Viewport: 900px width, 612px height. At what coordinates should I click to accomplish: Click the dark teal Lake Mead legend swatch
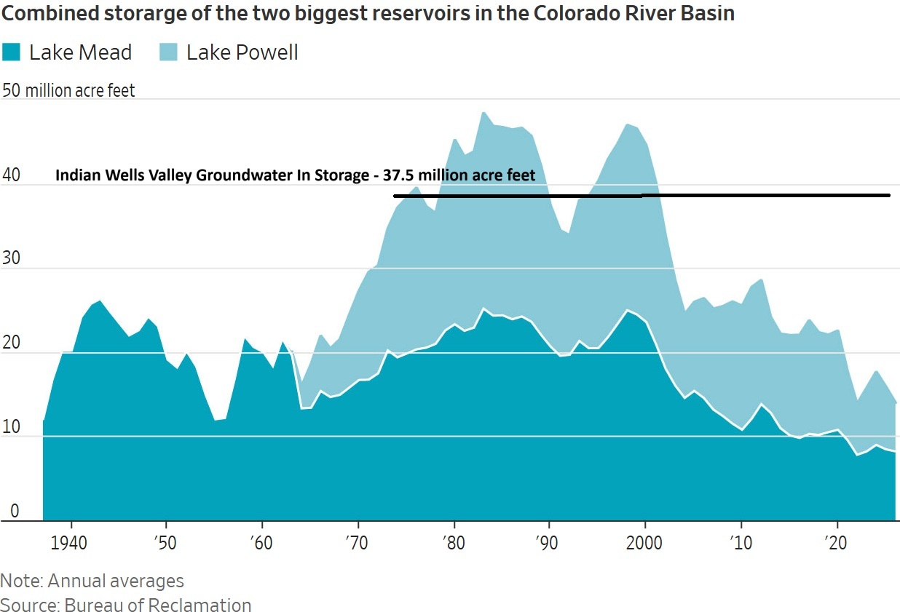click(11, 52)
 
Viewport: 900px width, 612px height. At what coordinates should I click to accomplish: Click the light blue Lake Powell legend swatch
click(168, 52)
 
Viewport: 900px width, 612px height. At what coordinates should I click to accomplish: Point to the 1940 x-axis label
click(68, 543)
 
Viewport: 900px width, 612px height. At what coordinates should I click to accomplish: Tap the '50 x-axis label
click(165, 543)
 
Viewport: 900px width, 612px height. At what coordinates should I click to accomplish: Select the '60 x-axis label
click(261, 543)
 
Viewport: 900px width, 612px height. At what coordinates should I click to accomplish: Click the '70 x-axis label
click(357, 543)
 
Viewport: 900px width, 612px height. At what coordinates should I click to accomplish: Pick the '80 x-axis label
click(454, 543)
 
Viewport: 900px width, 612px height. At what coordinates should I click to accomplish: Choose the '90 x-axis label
click(547, 543)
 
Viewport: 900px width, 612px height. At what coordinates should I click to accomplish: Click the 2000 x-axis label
click(644, 543)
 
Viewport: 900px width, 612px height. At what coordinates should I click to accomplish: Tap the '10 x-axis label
click(741, 543)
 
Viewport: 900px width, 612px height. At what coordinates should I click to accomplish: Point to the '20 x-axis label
click(836, 543)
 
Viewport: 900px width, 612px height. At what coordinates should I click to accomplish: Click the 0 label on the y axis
click(15, 511)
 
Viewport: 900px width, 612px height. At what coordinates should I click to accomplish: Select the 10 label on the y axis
click(11, 426)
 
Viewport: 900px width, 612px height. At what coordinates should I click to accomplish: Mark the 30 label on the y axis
click(11, 258)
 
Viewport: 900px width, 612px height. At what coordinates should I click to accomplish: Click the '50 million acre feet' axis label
click(68, 90)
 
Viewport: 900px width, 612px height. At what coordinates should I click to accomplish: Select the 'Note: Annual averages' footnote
click(92, 581)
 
